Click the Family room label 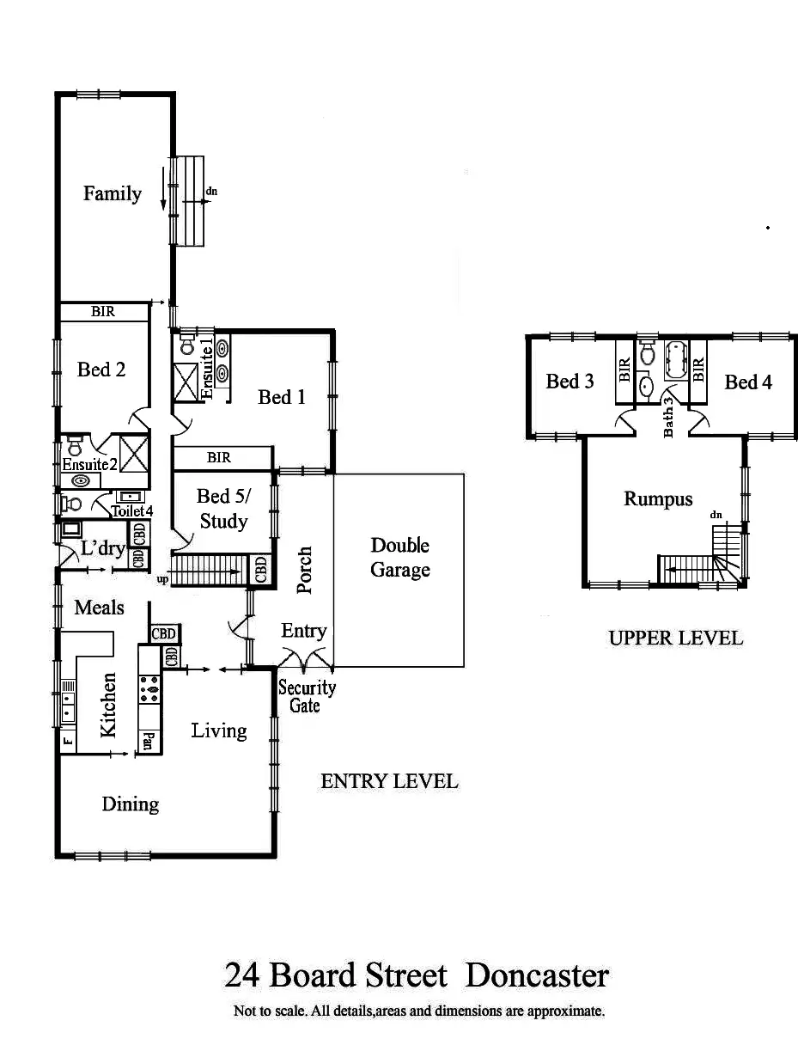(112, 193)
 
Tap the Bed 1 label (282, 396)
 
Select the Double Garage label (399, 557)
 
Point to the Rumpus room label (658, 498)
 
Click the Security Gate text (307, 696)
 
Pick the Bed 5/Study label (222, 508)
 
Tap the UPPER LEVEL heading (675, 638)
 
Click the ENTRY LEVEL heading (389, 781)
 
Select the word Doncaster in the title (537, 975)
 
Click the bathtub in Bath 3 (675, 362)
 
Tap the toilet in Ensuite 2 (75, 446)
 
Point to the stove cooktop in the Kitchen (149, 688)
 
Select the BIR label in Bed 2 (103, 312)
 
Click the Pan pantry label (149, 742)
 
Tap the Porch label (303, 570)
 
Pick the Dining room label (131, 804)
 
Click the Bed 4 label (748, 382)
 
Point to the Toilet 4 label (131, 510)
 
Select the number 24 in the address (242, 975)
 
